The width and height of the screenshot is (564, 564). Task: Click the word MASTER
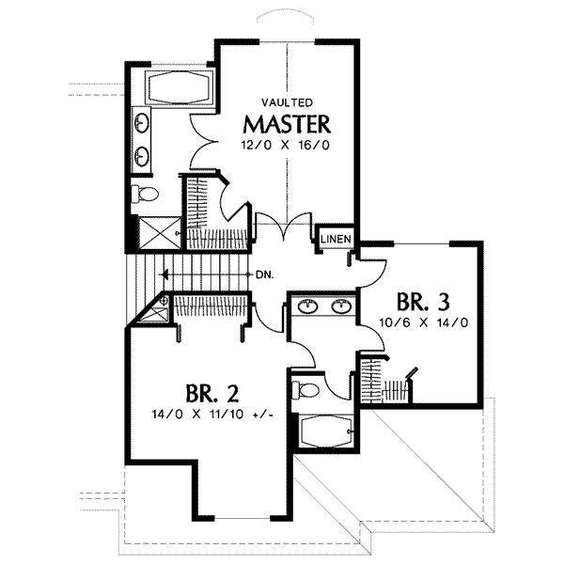[288, 123]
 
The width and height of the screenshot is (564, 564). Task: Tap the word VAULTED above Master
[288, 102]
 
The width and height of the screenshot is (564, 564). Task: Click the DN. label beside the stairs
[264, 275]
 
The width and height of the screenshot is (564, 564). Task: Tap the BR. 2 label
[205, 393]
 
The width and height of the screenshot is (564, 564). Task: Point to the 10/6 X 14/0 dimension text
[425, 321]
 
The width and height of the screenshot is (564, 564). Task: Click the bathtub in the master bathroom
[180, 88]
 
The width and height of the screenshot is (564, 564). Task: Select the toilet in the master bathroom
[146, 195]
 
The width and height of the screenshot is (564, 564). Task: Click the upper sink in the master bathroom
[144, 123]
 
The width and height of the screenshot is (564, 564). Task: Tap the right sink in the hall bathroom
[341, 305]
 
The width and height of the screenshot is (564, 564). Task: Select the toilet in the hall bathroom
[308, 388]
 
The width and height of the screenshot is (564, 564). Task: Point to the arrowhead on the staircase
[164, 275]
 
